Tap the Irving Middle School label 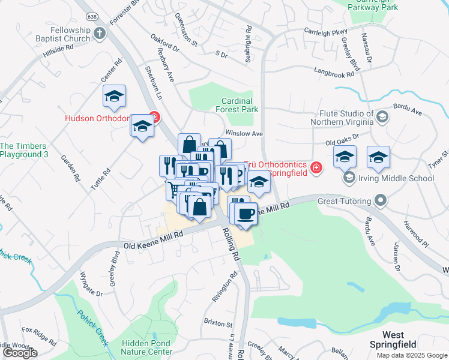tap(396, 178)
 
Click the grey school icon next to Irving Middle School tap(349, 178)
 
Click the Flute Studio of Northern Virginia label tap(342, 118)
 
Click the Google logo tap(20, 353)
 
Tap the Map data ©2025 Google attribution tap(412, 355)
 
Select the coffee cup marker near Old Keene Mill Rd tap(245, 214)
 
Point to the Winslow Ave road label tap(244, 133)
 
